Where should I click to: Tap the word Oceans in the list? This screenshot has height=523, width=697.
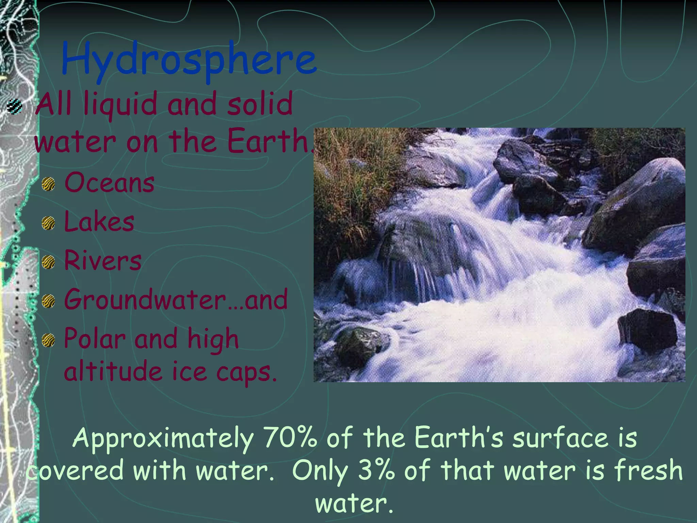tap(109, 183)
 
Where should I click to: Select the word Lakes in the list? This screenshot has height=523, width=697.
tap(99, 222)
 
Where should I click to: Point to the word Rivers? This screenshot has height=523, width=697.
tap(102, 260)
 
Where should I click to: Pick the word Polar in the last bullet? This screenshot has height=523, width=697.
tap(95, 339)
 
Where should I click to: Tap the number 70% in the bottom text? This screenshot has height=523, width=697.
tap(290, 438)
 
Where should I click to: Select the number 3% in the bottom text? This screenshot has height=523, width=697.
tap(376, 470)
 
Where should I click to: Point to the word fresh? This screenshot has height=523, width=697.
tap(648, 470)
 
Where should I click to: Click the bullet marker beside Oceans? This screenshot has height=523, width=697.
tap(48, 184)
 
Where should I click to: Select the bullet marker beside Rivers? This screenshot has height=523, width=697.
tap(48, 262)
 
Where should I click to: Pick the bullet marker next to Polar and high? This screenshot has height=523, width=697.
tap(48, 340)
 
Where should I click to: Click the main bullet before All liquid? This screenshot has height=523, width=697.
tap(15, 106)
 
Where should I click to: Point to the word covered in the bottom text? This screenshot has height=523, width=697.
tap(75, 471)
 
